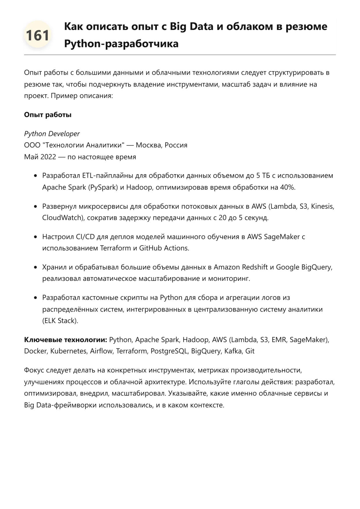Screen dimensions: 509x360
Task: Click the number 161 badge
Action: click(37, 35)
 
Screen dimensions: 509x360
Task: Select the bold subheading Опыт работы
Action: click(48, 115)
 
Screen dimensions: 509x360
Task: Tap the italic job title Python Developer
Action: click(52, 134)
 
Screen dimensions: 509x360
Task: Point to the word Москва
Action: click(149, 145)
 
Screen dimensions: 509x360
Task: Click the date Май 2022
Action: click(40, 157)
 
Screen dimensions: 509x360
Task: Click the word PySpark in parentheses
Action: click(103, 187)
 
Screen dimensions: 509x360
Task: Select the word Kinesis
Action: click(322, 206)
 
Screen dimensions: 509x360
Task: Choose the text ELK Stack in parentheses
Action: click(60, 321)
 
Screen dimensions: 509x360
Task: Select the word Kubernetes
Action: click(69, 351)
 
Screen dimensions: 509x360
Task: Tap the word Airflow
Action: click(101, 351)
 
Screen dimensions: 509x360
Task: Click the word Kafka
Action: click(232, 351)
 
